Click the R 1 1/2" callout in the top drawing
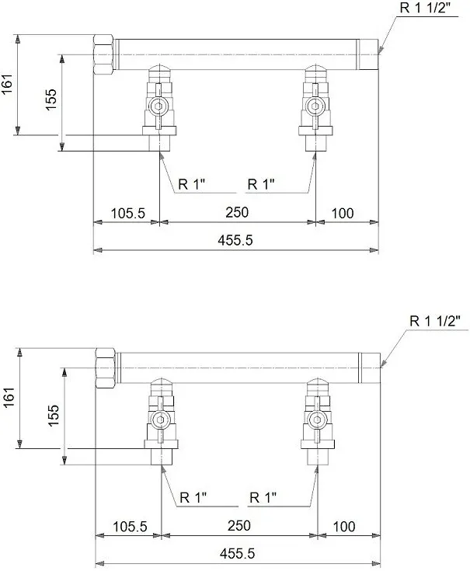click(x=425, y=8)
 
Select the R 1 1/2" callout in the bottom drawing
click(x=435, y=321)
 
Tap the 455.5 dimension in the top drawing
click(x=235, y=240)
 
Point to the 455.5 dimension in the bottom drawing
click(x=238, y=554)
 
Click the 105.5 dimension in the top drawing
click(x=127, y=213)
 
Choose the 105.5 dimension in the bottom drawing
click(x=130, y=527)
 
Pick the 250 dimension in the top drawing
click(x=237, y=212)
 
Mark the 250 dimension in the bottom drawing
click(x=239, y=526)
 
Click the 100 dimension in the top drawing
click(x=343, y=214)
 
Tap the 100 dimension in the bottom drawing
click(x=344, y=527)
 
